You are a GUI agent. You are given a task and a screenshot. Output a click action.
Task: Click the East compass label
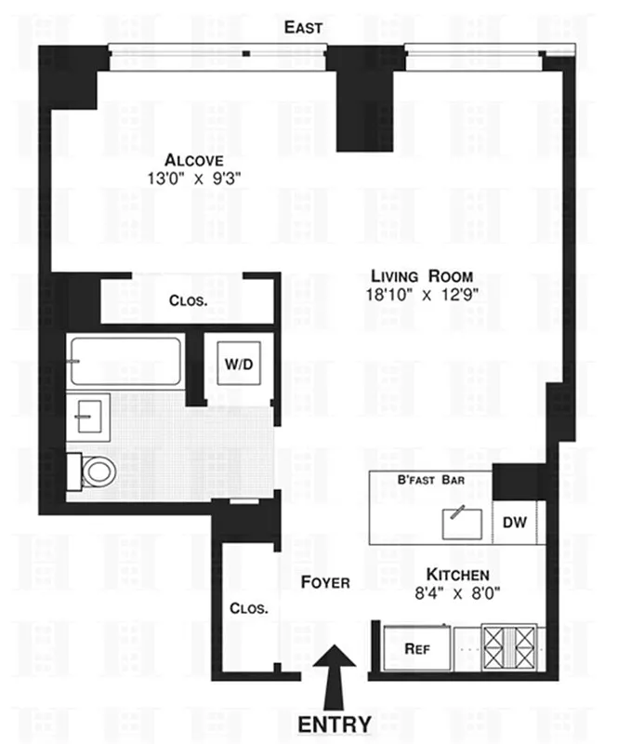[x=303, y=27]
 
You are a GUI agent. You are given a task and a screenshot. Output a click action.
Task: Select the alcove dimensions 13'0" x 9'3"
[x=194, y=177]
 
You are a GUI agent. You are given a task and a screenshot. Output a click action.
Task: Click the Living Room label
[x=423, y=276]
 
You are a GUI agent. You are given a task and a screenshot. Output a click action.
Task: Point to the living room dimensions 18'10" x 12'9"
[x=423, y=295]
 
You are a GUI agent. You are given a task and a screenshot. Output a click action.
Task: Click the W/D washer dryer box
[x=239, y=364]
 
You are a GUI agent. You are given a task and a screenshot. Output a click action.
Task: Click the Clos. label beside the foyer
[x=249, y=609]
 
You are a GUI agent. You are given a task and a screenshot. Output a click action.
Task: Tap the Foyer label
[x=325, y=583]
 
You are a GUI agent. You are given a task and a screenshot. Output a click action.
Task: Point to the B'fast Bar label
[x=431, y=480]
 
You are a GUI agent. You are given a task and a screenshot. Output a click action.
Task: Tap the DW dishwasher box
[x=514, y=523]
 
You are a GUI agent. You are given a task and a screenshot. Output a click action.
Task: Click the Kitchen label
[x=457, y=575]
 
